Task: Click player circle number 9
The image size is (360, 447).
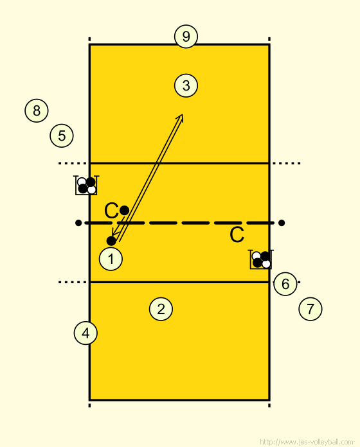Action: [x=186, y=37]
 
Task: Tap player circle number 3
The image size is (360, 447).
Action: [x=186, y=85]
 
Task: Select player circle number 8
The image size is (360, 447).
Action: [x=37, y=110]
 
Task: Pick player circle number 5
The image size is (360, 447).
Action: [x=62, y=136]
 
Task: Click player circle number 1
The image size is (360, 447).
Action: [x=111, y=259]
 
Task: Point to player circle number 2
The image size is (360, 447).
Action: [x=161, y=309]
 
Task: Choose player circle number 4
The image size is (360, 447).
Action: [x=85, y=333]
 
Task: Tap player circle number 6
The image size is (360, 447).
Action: [x=285, y=284]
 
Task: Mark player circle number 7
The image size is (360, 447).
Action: [x=310, y=309]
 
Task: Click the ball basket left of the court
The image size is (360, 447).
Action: [x=86, y=186]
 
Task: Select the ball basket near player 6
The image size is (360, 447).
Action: [x=261, y=259]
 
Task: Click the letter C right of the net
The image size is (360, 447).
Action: [x=237, y=235]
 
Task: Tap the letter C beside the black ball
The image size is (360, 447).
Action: [x=111, y=211]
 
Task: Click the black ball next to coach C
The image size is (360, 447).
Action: [x=124, y=211]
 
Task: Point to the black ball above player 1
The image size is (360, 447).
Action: [x=111, y=241]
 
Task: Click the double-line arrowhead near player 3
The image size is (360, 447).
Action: [x=180, y=118]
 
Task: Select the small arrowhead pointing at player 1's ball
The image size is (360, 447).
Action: [x=114, y=231]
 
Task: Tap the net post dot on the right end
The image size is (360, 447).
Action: [x=282, y=223]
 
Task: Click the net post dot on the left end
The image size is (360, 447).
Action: [x=78, y=223]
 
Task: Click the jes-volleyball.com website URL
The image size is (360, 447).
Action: [x=307, y=442]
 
